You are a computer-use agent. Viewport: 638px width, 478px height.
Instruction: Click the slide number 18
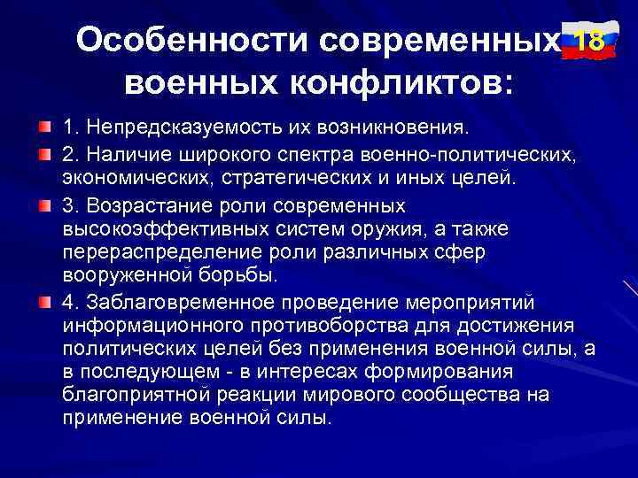pos(589,41)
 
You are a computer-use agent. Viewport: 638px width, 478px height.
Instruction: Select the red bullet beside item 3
pos(44,207)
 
